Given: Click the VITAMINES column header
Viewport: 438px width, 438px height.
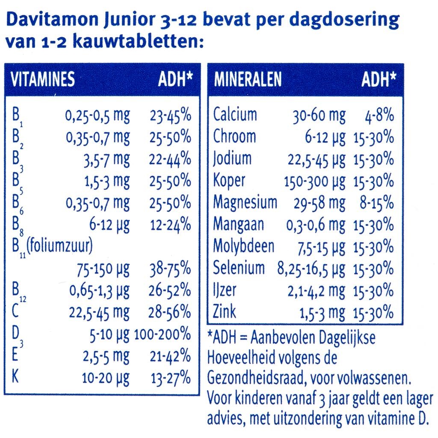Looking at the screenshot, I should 42,79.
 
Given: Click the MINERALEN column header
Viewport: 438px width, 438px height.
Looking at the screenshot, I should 248,79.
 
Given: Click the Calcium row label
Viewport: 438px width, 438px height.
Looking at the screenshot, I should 235,115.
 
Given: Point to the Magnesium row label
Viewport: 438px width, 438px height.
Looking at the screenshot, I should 245,202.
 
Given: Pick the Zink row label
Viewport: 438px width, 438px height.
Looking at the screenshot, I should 225,311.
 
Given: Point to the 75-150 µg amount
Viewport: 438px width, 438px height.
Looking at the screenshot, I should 103,269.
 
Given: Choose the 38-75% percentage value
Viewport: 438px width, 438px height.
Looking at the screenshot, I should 170,269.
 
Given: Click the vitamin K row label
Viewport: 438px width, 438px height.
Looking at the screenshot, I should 15,377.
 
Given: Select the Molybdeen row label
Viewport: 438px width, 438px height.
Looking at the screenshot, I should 244,246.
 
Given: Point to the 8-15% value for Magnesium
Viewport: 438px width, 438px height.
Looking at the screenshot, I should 376,202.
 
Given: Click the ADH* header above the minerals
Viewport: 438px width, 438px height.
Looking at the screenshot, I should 379,79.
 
